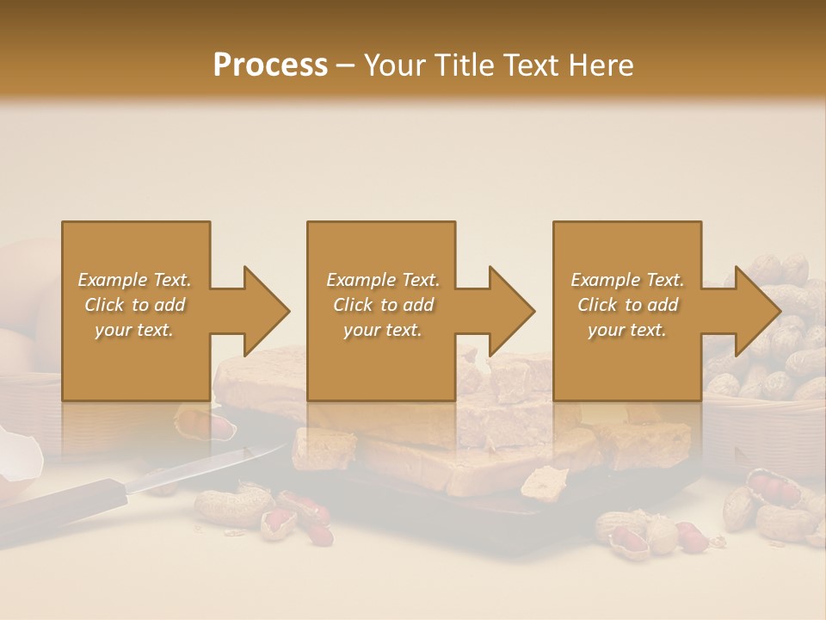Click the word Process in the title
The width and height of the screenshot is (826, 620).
270,65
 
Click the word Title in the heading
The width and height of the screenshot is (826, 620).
459,65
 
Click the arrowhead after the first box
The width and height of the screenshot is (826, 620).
266,311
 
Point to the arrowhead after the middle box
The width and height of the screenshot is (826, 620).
511,311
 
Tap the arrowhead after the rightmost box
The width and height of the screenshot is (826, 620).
756,311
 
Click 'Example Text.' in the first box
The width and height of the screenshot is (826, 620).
134,280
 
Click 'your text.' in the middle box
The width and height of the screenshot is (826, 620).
382,331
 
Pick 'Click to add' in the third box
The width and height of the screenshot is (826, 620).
628,305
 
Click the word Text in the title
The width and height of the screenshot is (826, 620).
530,65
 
